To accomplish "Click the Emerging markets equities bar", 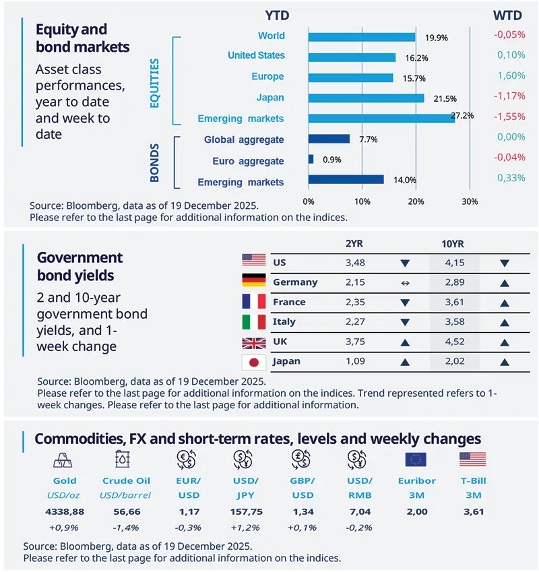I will (x=381, y=119).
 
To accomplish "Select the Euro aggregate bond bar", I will (x=311, y=160).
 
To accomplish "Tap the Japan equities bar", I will (x=366, y=98).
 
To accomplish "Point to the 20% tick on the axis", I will (x=416, y=201).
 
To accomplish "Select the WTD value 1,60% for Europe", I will (x=511, y=76).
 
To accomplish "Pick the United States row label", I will (x=256, y=55).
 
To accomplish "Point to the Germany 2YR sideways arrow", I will (x=404, y=282).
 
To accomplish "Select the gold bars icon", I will (x=65, y=459).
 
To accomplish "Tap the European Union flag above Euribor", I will (x=416, y=459).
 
